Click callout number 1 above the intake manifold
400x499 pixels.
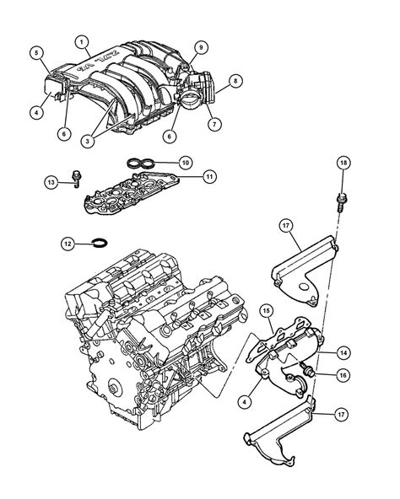pyautogui.click(x=81, y=41)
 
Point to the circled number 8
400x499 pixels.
pyautogui.click(x=235, y=81)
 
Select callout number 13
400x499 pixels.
pyautogui.click(x=51, y=181)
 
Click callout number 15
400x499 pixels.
pyautogui.click(x=264, y=311)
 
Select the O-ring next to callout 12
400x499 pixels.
pyautogui.click(x=98, y=245)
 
